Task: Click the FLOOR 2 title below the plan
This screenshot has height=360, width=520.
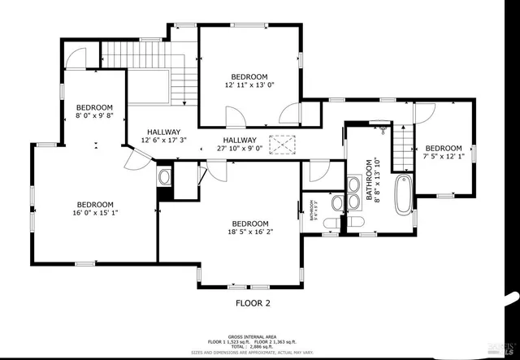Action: click(x=246, y=303)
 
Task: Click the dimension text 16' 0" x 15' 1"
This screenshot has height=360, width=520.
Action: click(x=95, y=215)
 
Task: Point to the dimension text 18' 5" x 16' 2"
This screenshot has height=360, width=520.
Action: click(x=249, y=233)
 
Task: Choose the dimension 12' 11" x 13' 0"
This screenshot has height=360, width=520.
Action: click(x=249, y=85)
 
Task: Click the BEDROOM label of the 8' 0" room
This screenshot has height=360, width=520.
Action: click(x=94, y=107)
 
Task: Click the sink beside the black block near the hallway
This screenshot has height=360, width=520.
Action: click(x=165, y=176)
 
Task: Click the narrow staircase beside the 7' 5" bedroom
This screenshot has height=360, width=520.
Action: click(x=404, y=152)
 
